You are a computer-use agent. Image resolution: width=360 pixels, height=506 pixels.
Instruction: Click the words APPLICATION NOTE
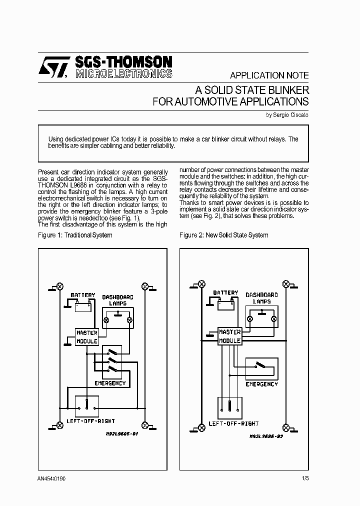tap(269, 75)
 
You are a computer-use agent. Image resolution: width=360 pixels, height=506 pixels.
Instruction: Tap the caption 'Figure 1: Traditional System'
tap(75, 235)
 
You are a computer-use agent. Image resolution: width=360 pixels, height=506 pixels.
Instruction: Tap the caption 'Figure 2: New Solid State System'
tap(223, 235)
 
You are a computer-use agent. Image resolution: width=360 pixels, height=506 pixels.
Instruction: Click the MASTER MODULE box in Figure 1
tap(86, 337)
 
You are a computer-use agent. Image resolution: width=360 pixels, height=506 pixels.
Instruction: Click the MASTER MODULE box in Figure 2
tap(230, 336)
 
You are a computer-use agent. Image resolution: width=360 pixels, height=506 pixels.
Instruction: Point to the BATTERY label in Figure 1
tap(82, 295)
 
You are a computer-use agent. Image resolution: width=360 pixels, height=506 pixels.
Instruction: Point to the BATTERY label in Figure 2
tap(225, 293)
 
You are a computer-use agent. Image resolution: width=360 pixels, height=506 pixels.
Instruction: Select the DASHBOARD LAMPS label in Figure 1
tap(117, 300)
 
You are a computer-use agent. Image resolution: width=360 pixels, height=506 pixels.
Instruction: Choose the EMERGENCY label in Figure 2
tap(261, 384)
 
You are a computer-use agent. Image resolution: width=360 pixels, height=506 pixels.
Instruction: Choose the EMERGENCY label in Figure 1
tap(110, 383)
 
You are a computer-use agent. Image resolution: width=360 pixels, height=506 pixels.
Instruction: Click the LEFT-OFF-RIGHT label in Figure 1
tap(91, 421)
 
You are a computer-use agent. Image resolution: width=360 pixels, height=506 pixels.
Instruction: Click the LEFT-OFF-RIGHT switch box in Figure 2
tap(230, 407)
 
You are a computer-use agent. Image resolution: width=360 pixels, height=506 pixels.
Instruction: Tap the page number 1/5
tap(305, 478)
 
